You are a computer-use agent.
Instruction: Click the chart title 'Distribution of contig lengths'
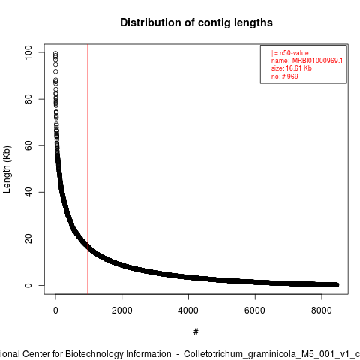[196, 22]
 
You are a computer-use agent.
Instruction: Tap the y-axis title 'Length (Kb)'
[7, 169]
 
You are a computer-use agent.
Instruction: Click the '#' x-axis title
[196, 332]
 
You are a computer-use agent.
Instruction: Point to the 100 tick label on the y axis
[28, 52]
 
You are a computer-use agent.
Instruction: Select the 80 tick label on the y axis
[28, 99]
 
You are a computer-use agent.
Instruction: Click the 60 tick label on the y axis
[28, 145]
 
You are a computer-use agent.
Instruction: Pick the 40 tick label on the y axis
[28, 192]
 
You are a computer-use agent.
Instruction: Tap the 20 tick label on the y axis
[28, 238]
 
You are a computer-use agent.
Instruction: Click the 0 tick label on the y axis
[28, 285]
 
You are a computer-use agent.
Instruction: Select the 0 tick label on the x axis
[55, 310]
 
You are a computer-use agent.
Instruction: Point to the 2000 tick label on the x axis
[122, 310]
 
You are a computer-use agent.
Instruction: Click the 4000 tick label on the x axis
[188, 310]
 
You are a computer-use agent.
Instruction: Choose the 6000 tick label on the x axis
[255, 310]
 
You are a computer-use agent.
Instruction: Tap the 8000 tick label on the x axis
[322, 310]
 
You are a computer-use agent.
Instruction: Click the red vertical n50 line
[88, 169]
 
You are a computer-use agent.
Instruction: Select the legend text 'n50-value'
[294, 53]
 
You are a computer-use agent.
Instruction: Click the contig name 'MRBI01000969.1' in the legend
[317, 61]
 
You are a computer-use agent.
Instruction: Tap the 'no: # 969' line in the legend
[285, 76]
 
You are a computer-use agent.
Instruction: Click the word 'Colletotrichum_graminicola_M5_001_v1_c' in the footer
[272, 354]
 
